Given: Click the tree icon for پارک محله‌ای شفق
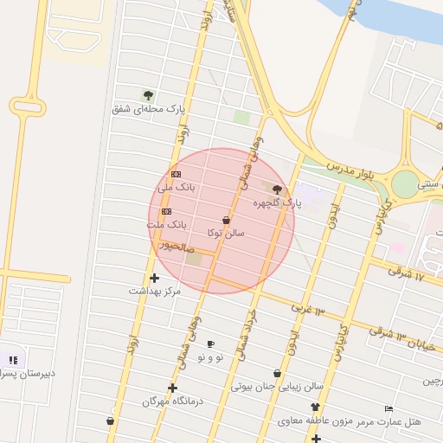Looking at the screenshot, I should coord(148,95).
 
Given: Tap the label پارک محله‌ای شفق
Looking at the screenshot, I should coord(149,109).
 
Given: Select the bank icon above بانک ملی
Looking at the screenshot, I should coord(177,174).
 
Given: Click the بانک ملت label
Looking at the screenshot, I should coord(165,224).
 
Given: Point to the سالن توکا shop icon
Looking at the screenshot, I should coord(227,220).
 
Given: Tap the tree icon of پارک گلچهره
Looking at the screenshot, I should coord(277,189).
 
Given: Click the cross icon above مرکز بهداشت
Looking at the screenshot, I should coord(154,278).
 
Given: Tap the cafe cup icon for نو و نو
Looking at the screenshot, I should coord(210,344).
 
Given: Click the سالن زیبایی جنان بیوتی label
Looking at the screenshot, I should coord(277,387).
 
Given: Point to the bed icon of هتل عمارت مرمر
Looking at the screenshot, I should coord(388,408).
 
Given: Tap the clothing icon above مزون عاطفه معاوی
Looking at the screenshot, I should coord(314,407).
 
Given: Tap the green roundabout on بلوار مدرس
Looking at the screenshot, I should coord(404,184).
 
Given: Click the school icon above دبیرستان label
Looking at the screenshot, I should coord(13,360).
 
